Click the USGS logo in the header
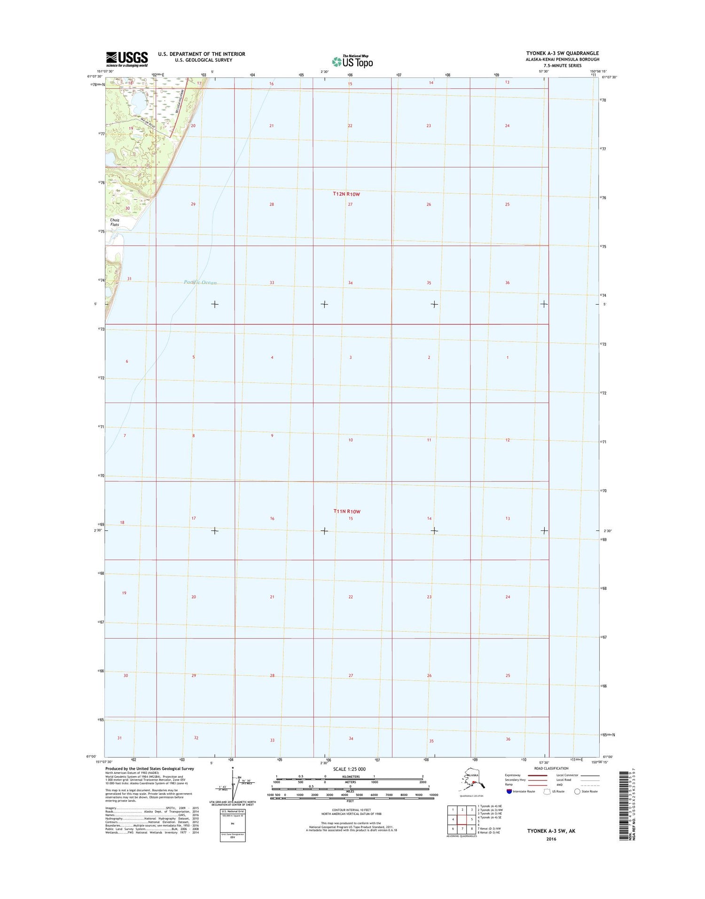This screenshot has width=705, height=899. (x=127, y=59)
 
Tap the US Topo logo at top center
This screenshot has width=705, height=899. (x=352, y=61)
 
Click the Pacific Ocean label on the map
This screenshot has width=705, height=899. (x=200, y=283)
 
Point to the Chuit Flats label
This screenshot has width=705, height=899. (x=115, y=222)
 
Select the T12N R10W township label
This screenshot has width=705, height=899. (x=346, y=194)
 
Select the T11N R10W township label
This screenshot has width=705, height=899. (x=347, y=511)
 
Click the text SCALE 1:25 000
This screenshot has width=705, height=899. (x=349, y=769)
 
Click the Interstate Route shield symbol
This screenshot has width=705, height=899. (x=509, y=791)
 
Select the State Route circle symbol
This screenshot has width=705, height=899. (x=577, y=791)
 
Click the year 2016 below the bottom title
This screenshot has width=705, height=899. (x=551, y=839)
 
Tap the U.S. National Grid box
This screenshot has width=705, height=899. (x=233, y=825)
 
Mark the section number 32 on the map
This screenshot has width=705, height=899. (x=196, y=738)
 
